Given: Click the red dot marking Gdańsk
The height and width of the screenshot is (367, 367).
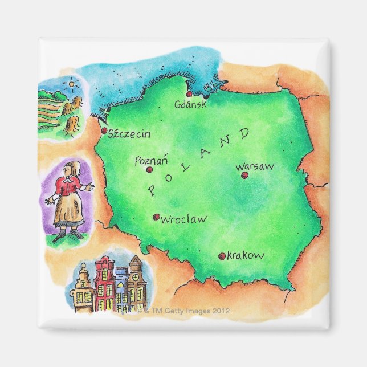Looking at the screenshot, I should coord(189,95).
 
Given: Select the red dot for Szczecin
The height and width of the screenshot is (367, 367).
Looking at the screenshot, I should coord(104,131).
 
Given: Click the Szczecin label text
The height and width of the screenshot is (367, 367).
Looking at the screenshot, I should coord(130,134).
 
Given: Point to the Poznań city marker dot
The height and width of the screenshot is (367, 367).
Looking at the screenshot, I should coord(149,169).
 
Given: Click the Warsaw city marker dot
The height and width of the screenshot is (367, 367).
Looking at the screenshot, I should coord(244,175).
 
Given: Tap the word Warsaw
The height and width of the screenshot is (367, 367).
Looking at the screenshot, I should coord(255,166).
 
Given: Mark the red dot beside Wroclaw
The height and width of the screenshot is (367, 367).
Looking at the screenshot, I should coord(156,217).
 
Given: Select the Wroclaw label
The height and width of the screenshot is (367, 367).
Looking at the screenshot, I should coord(183,219).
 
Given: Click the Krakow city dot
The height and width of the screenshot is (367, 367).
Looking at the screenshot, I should coord(222,256).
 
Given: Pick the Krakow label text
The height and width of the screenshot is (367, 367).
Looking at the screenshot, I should coord(246,256).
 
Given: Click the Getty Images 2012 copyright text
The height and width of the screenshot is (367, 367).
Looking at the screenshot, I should coord(183,311).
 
